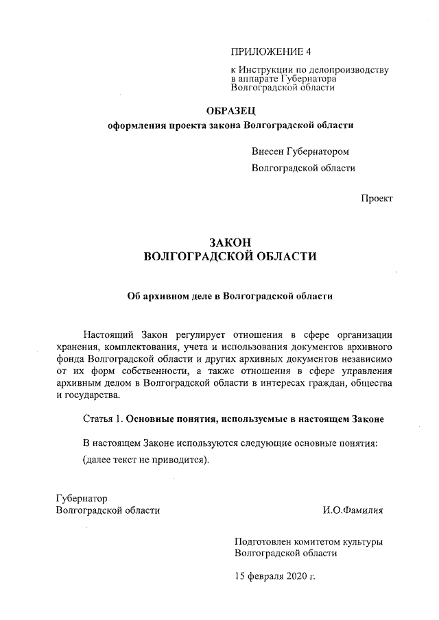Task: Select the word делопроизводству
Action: [x=351, y=70]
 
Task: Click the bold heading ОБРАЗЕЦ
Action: [x=231, y=110]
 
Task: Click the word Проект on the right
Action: [x=377, y=198]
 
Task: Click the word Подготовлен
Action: [x=264, y=541]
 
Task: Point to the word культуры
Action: [x=364, y=541]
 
